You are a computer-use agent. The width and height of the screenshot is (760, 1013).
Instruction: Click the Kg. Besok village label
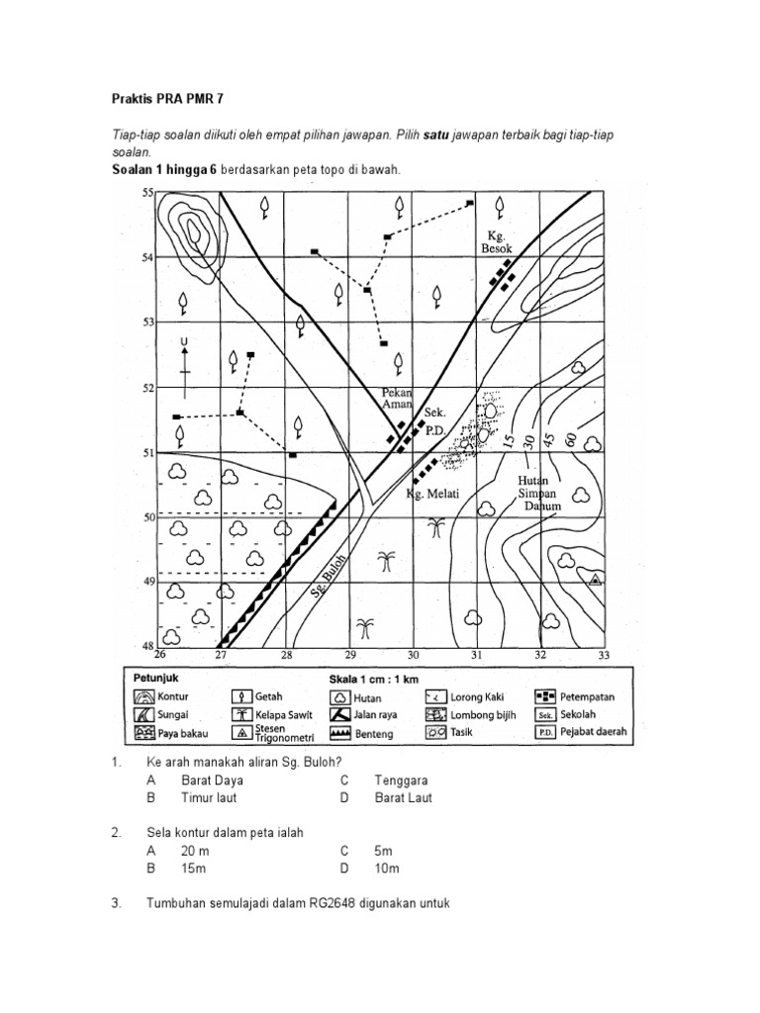[x=497, y=242]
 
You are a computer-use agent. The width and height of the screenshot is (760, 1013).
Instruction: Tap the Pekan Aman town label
[x=397, y=399]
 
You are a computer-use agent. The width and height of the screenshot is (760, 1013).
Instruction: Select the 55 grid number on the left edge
[x=148, y=193]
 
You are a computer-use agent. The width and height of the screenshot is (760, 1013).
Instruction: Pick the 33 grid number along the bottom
[x=604, y=655]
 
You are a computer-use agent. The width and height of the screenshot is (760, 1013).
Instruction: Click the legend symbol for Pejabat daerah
[x=544, y=733]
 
